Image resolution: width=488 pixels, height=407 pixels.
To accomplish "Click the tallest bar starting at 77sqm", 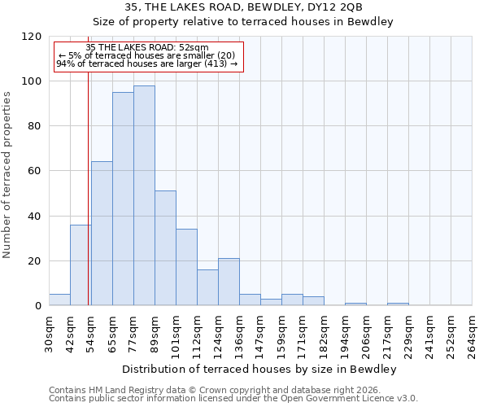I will pos(144,195).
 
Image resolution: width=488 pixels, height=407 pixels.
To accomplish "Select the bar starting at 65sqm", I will pos(123,199).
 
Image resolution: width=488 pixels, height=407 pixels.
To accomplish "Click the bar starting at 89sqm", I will pos(165,248).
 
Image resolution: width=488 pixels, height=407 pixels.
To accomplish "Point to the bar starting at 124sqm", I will pos(229,282).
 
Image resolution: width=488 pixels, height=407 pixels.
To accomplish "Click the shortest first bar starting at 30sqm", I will pos(59,300).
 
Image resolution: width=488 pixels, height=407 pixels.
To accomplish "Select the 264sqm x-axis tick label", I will pos(472,335).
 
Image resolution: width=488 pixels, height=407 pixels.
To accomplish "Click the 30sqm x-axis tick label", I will pos(49,335).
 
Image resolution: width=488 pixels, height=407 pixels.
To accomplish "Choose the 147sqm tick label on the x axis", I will pos(260,335).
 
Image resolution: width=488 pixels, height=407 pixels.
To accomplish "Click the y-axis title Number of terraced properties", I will pos(8,175).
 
